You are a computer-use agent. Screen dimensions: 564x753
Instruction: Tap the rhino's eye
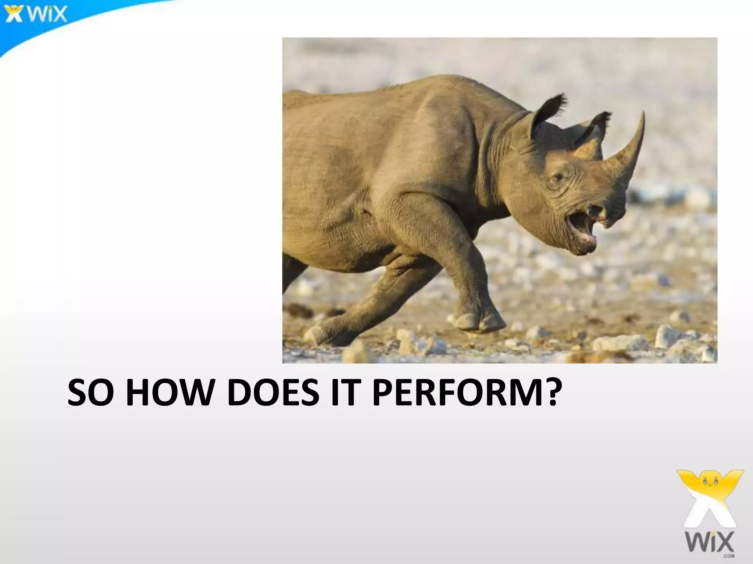[x=558, y=178]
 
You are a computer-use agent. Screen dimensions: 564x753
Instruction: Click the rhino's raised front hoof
[x=478, y=321]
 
